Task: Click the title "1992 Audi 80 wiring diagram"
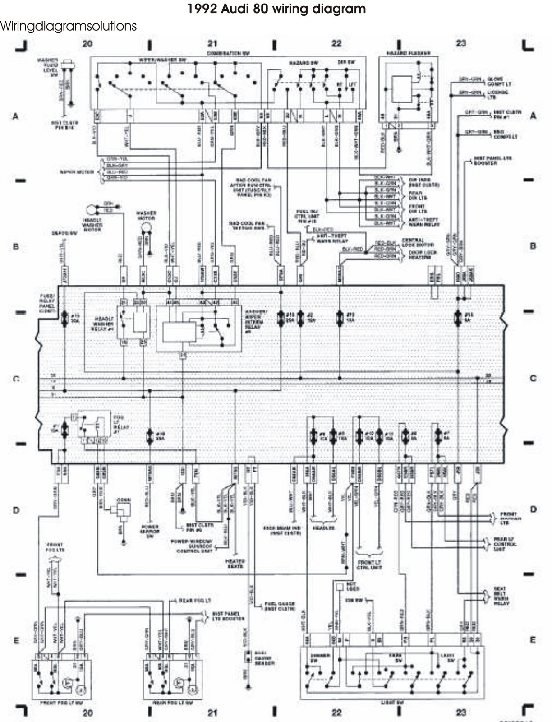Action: (276, 9)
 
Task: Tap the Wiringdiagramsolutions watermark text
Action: (68, 26)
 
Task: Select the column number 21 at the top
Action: (212, 44)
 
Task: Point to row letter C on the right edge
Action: (533, 378)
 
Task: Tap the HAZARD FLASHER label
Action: (409, 53)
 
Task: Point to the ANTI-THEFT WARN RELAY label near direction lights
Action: (423, 222)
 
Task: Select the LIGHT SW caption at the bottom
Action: (393, 703)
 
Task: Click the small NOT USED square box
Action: (339, 586)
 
